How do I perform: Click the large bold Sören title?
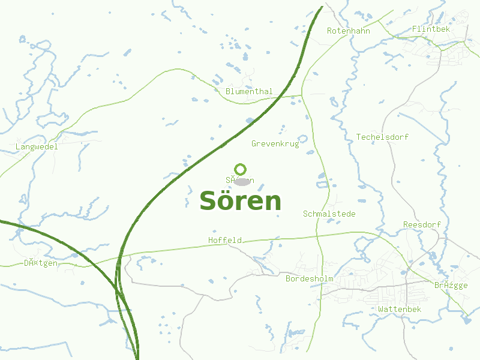tap(240, 201)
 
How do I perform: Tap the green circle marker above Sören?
tap(241, 169)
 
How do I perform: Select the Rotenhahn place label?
tap(348, 31)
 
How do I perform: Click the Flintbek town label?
tap(431, 29)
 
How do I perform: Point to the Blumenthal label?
tap(249, 91)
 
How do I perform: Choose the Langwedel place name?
tap(37, 146)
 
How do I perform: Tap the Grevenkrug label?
tap(275, 143)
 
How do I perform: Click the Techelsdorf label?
tap(382, 137)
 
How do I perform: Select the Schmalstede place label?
tap(329, 214)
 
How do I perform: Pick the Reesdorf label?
tap(422, 224)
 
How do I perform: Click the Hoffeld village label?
tap(225, 240)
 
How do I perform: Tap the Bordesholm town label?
tap(309, 279)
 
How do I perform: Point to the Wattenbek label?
tap(400, 309)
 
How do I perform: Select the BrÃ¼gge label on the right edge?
tap(451, 285)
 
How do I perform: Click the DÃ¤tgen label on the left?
tap(41, 263)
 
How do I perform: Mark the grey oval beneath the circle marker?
tap(242, 181)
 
